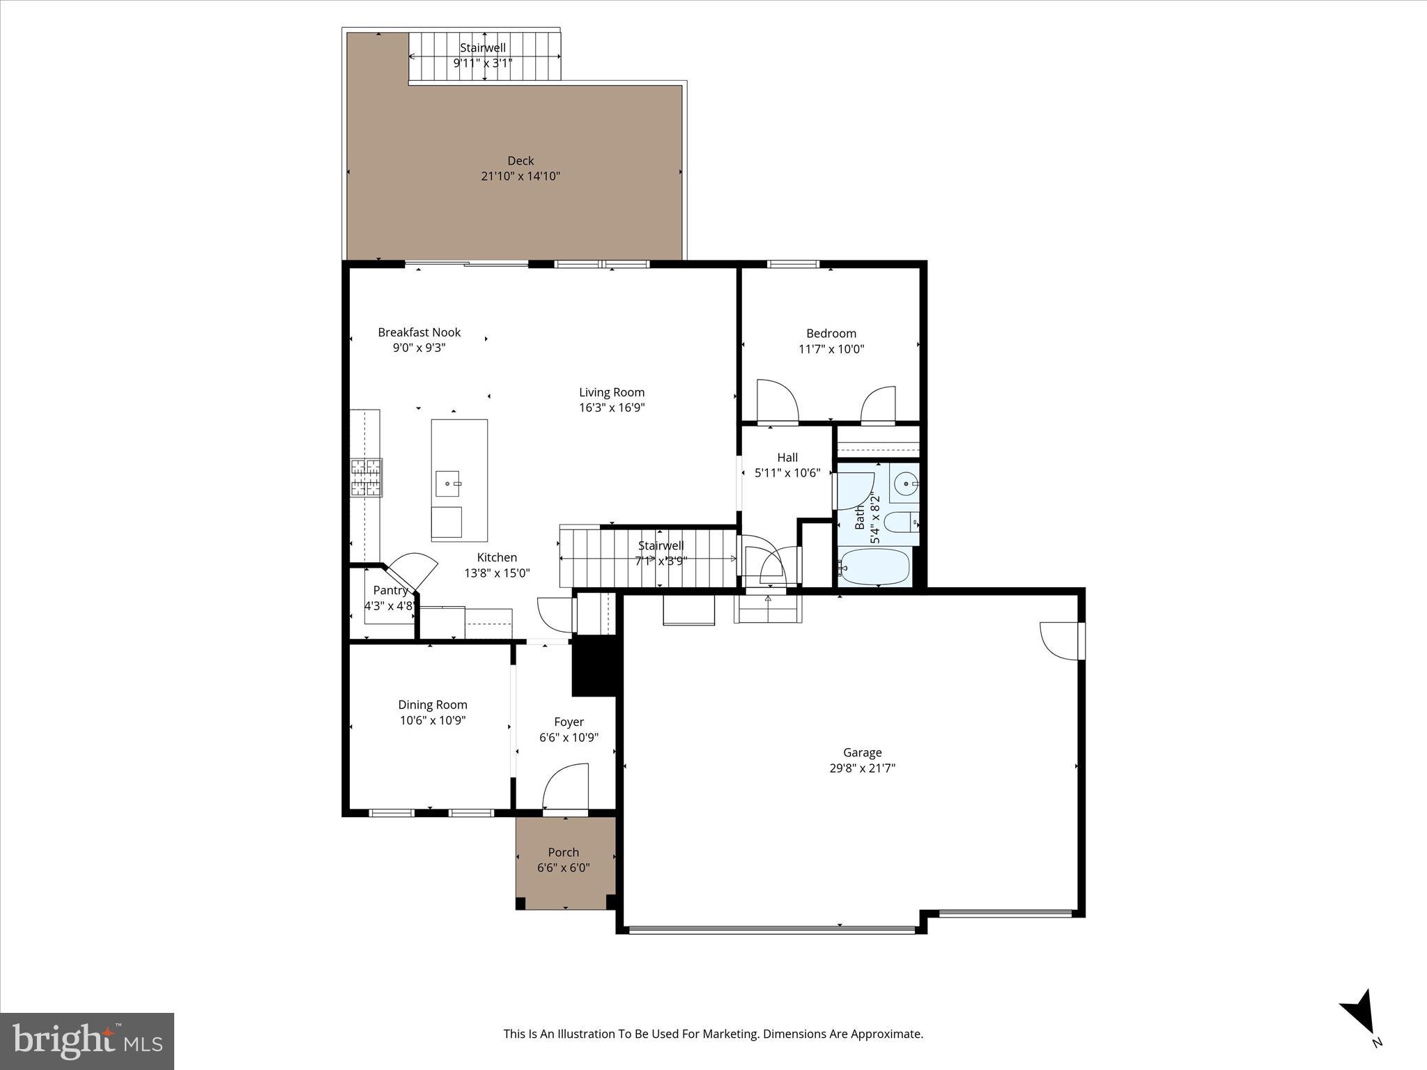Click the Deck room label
tap(520, 161)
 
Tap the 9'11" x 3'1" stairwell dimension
tap(483, 63)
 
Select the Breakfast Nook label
tap(419, 332)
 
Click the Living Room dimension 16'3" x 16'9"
tap(612, 408)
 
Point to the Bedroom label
tap(831, 333)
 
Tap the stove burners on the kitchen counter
tap(366, 477)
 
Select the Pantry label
tap(390, 590)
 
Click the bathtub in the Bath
tap(875, 566)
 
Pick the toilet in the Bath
tap(901, 521)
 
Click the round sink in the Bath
tap(906, 483)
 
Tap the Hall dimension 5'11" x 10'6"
tap(787, 473)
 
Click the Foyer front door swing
tap(566, 787)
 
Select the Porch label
tap(563, 852)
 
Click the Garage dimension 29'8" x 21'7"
tap(862, 768)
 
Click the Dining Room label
tap(433, 704)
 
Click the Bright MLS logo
tap(87, 1041)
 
